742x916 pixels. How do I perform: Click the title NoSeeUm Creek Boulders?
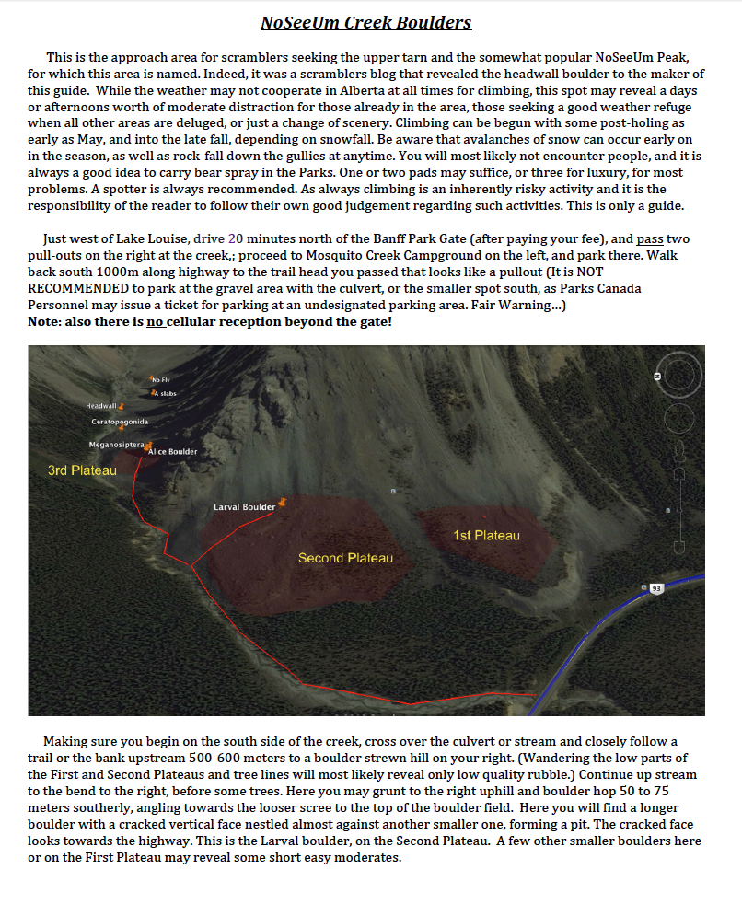[365, 22]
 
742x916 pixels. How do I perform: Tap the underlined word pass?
[650, 238]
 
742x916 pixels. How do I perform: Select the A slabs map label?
[165, 393]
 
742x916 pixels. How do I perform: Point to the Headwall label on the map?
[100, 406]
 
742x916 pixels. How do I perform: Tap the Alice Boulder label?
[172, 452]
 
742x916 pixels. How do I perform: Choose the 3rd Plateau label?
[82, 470]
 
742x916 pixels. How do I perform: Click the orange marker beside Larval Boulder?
[283, 502]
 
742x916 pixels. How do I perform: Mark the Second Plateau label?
[345, 558]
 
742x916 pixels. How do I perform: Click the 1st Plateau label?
[486, 536]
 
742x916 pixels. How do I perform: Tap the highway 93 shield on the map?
[655, 588]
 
